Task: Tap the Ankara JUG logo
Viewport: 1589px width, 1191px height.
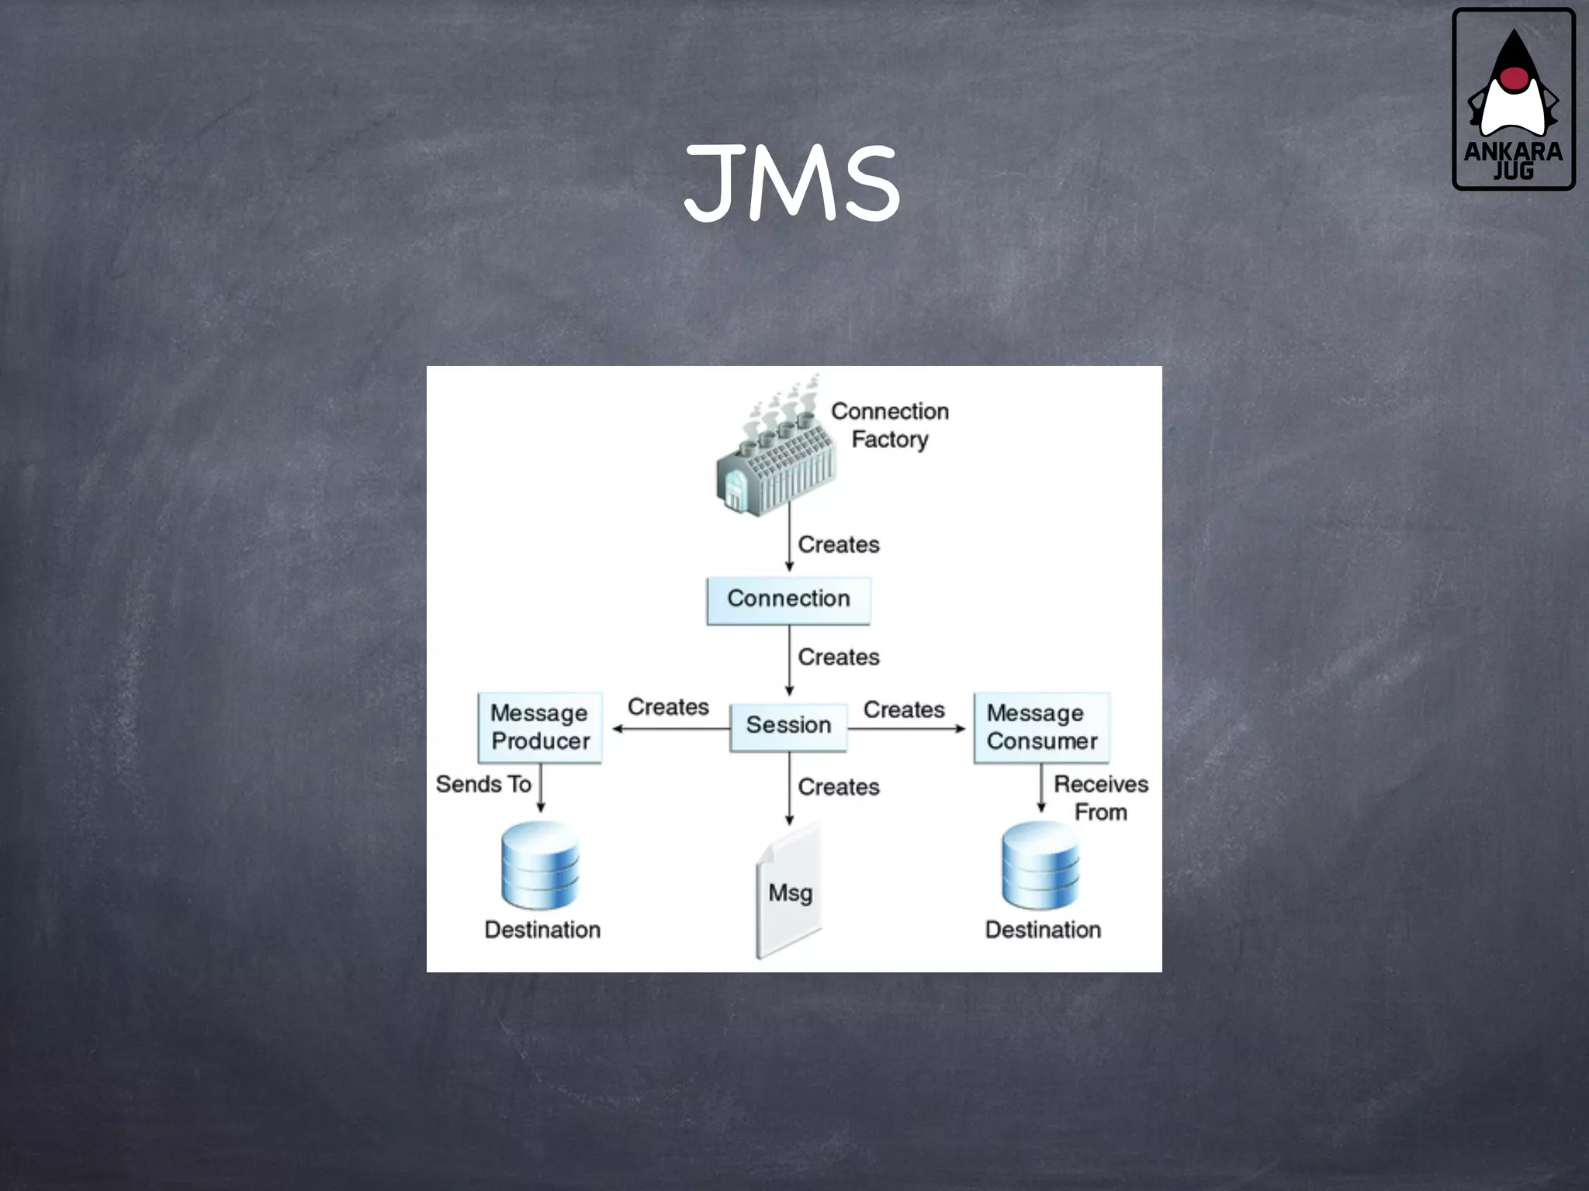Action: click(1513, 99)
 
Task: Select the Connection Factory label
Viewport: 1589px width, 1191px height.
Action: click(890, 425)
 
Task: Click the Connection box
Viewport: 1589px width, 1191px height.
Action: click(788, 599)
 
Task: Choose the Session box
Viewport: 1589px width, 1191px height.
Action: click(788, 726)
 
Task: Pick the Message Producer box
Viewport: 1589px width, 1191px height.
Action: click(540, 727)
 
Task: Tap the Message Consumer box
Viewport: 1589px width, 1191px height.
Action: click(1042, 727)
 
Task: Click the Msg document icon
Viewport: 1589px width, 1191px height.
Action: click(789, 892)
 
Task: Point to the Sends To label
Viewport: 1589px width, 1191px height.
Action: click(483, 785)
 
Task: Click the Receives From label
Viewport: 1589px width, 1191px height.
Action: click(1100, 798)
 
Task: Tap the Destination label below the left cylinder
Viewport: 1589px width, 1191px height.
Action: click(542, 930)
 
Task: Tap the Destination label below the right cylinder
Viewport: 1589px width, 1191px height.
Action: click(1043, 930)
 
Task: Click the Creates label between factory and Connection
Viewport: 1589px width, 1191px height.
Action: click(839, 545)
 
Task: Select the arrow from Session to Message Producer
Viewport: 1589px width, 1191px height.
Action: click(671, 729)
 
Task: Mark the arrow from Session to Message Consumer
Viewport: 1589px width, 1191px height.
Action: click(906, 729)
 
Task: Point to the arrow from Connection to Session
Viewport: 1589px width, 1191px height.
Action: click(789, 659)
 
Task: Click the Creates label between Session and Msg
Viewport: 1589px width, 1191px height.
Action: click(839, 787)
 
